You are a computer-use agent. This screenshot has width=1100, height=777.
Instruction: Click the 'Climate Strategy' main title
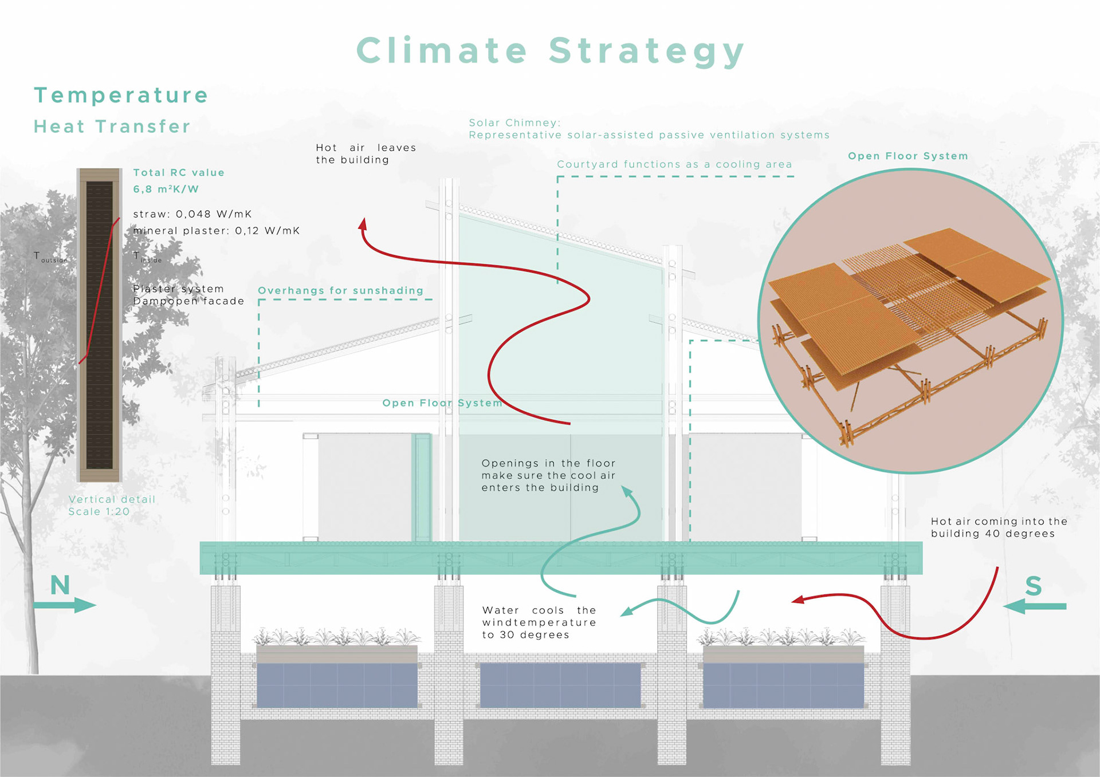point(550,51)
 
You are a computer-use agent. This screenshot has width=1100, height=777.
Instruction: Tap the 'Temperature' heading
point(121,96)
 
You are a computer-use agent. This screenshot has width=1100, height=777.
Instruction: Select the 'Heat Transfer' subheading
point(112,127)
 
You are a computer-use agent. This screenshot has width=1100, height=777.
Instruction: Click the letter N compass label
point(60,585)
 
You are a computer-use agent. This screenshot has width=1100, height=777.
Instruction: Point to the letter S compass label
point(1033,586)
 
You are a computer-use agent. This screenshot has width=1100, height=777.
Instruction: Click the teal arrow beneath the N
point(64,605)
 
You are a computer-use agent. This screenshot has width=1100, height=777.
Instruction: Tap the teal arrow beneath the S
point(1035,606)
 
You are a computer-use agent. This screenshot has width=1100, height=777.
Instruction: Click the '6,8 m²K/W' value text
point(166,190)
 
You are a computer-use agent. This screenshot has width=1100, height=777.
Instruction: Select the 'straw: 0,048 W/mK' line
point(192,214)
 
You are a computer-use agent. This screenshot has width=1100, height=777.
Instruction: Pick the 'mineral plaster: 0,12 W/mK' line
point(217,231)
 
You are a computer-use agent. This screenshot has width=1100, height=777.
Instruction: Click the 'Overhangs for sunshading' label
point(340,291)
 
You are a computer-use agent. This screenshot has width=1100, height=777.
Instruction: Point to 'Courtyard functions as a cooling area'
point(674,165)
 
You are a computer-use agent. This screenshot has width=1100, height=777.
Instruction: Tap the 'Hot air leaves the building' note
point(366,154)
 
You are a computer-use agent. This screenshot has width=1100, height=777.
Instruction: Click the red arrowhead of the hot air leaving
point(363,224)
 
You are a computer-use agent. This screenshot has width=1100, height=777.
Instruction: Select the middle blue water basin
point(560,685)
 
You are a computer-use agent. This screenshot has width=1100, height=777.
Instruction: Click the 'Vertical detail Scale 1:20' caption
point(112,506)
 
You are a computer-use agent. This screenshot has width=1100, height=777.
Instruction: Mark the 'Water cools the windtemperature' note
point(539,622)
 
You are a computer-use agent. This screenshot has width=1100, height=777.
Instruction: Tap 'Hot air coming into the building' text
point(999,527)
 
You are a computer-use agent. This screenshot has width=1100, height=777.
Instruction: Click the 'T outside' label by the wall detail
point(50,257)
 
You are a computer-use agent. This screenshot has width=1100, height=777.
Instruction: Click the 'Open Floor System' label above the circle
point(907,156)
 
